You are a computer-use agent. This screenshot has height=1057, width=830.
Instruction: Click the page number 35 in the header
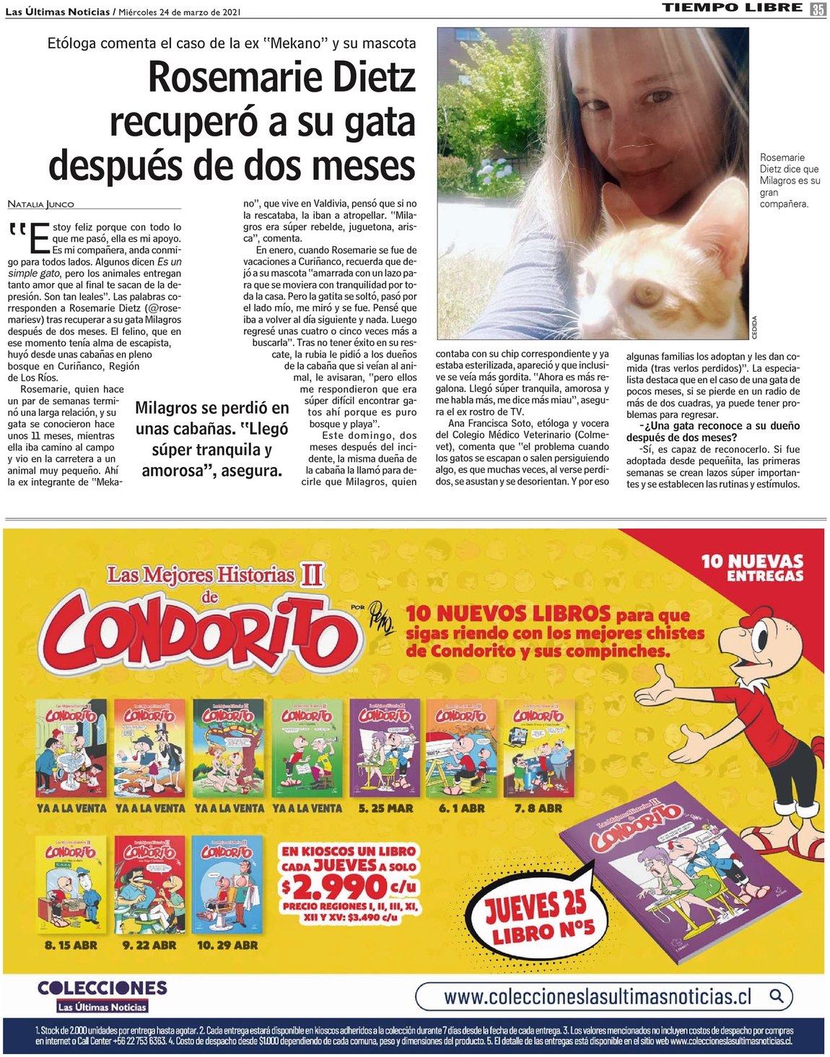pyautogui.click(x=818, y=9)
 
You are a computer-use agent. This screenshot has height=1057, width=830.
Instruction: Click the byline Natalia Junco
pyautogui.click(x=41, y=204)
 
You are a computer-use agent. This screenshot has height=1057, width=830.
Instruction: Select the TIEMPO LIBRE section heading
pyautogui.click(x=732, y=8)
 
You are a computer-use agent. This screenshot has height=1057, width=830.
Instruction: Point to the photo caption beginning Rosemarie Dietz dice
pyautogui.click(x=790, y=180)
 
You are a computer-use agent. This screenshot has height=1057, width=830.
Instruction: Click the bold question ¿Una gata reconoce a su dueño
pyautogui.click(x=712, y=432)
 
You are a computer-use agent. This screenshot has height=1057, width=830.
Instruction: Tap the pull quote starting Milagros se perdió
pyautogui.click(x=211, y=439)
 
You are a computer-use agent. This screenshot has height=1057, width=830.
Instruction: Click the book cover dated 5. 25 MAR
pyautogui.click(x=384, y=748)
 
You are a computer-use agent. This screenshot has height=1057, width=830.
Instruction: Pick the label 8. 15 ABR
pyautogui.click(x=71, y=945)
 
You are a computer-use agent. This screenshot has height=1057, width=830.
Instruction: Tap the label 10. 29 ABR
pyautogui.click(x=227, y=945)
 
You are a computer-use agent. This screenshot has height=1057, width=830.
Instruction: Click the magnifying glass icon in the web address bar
pyautogui.click(x=777, y=996)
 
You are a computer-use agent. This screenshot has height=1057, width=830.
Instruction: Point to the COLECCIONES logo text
pyautogui.click(x=102, y=988)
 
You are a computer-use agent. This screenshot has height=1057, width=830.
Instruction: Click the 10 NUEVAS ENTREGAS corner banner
pyautogui.click(x=752, y=567)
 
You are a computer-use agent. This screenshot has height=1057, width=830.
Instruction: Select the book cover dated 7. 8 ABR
pyautogui.click(x=538, y=748)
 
